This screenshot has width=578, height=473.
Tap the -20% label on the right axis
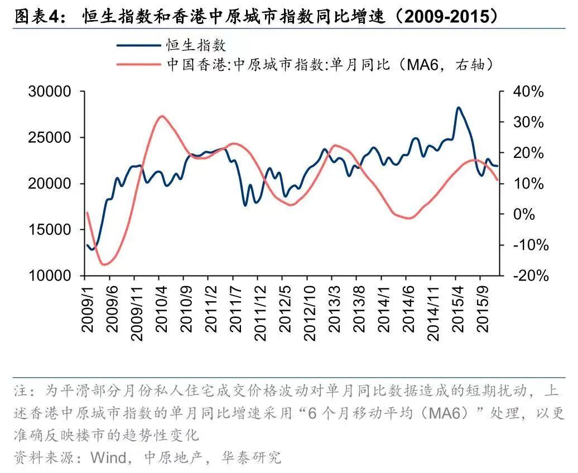526,276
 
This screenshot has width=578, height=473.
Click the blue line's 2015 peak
458,108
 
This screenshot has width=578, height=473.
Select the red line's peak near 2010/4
162,116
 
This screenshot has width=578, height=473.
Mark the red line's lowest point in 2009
103,264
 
